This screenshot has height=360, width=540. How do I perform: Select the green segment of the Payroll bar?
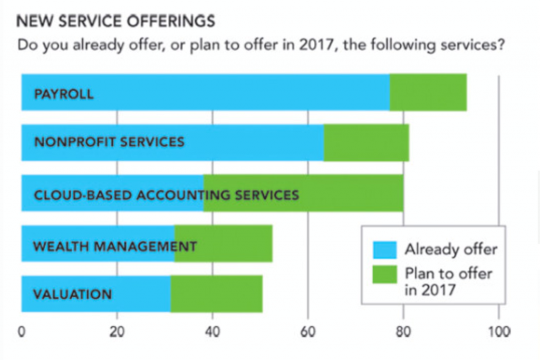428,92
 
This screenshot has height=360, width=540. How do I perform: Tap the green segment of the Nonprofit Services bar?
366,143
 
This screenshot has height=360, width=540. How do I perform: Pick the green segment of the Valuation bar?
216,294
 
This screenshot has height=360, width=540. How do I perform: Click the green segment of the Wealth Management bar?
232,243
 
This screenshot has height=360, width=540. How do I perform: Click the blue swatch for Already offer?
384,249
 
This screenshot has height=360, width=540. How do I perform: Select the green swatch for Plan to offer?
384,274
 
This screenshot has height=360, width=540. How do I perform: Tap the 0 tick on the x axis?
22,332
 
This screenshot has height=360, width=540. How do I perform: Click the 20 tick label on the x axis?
117,332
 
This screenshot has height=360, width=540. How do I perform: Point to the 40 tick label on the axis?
213,332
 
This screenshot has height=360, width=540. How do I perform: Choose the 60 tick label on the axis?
308,332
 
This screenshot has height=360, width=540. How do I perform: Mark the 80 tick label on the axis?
403,332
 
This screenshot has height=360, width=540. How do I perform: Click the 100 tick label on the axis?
498,332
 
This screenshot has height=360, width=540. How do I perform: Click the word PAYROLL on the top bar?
63,95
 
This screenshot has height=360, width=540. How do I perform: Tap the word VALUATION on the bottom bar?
72,294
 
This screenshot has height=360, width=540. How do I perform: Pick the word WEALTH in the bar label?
55,246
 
